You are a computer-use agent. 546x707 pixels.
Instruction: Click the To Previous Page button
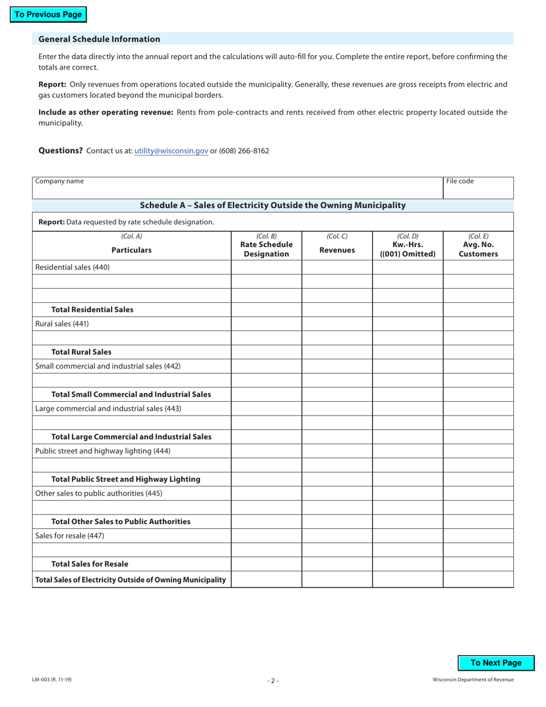click(x=48, y=15)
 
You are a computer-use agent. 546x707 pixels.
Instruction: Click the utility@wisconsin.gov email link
click(x=171, y=151)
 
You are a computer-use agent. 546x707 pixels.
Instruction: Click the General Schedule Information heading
click(x=99, y=39)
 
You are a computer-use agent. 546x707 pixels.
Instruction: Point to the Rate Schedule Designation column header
click(x=266, y=245)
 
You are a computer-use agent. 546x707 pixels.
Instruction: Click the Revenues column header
click(x=337, y=250)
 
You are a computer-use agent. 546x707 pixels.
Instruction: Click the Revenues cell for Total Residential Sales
click(x=337, y=310)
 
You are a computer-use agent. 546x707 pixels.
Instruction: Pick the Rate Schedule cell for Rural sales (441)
click(x=266, y=324)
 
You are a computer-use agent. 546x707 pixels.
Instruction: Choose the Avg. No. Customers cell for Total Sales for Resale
click(x=478, y=564)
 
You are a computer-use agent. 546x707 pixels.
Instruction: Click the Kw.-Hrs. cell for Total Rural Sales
click(x=407, y=352)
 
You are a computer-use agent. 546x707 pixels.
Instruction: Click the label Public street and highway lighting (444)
click(x=103, y=451)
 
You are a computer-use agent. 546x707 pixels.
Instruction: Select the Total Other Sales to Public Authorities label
click(x=121, y=522)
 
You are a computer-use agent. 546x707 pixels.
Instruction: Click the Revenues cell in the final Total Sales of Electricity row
click(x=337, y=580)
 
